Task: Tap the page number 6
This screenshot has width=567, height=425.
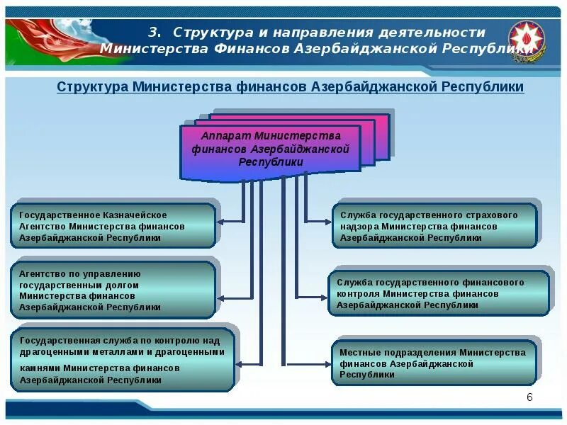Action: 529,397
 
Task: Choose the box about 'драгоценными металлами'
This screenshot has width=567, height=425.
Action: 123,361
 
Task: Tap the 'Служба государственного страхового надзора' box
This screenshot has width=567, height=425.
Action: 434,226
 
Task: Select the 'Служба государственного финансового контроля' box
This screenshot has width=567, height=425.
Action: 438,293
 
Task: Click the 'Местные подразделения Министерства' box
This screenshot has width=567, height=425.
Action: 434,363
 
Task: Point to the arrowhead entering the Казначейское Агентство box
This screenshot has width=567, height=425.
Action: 220,222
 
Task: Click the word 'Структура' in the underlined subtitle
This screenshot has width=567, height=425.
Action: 91,86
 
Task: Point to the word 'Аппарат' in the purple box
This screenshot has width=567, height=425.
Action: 226,135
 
